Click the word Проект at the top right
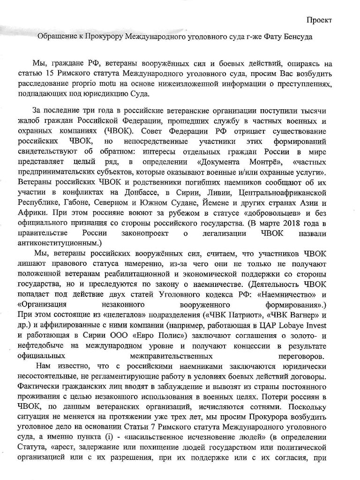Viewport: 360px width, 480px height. (319, 20)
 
